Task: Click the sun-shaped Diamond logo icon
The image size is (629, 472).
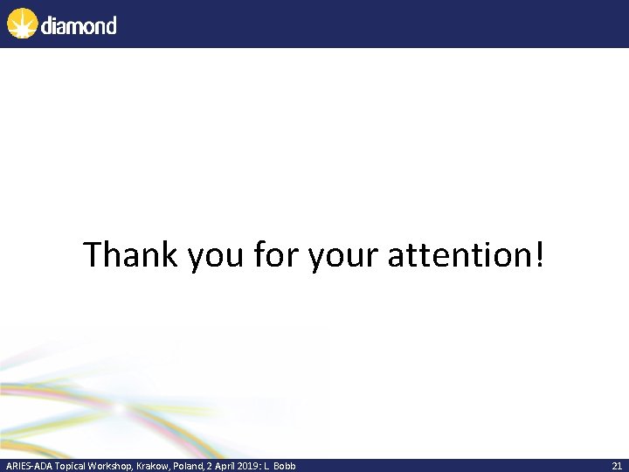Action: [23, 24]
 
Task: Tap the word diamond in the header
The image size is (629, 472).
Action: [78, 24]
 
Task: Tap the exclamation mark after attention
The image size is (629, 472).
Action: [537, 255]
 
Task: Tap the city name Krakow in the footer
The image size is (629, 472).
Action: [153, 466]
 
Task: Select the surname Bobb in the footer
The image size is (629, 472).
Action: [285, 466]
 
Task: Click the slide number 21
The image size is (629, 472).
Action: [617, 466]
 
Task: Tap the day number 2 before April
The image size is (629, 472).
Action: [210, 466]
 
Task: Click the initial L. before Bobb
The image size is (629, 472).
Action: [268, 466]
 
